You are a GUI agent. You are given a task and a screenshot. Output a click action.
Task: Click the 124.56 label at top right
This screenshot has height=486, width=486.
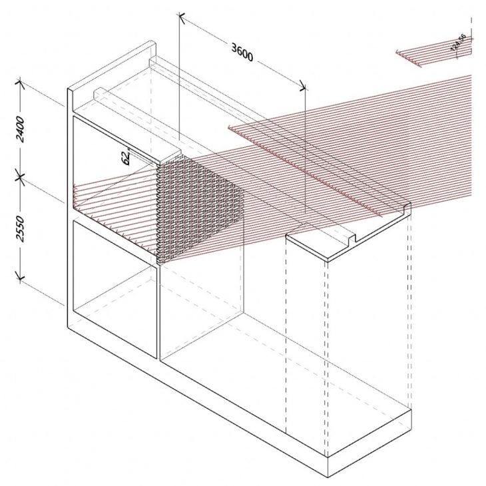click(x=459, y=43)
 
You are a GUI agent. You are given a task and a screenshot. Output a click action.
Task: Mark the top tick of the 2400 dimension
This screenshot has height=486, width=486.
click(x=20, y=84)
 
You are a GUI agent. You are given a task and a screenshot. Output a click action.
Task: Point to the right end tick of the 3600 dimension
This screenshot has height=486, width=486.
click(x=304, y=86)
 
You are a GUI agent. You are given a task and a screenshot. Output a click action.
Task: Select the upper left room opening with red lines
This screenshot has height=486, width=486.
click(x=113, y=180)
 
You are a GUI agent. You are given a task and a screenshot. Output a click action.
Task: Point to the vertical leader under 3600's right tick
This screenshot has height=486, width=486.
click(x=304, y=153)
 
